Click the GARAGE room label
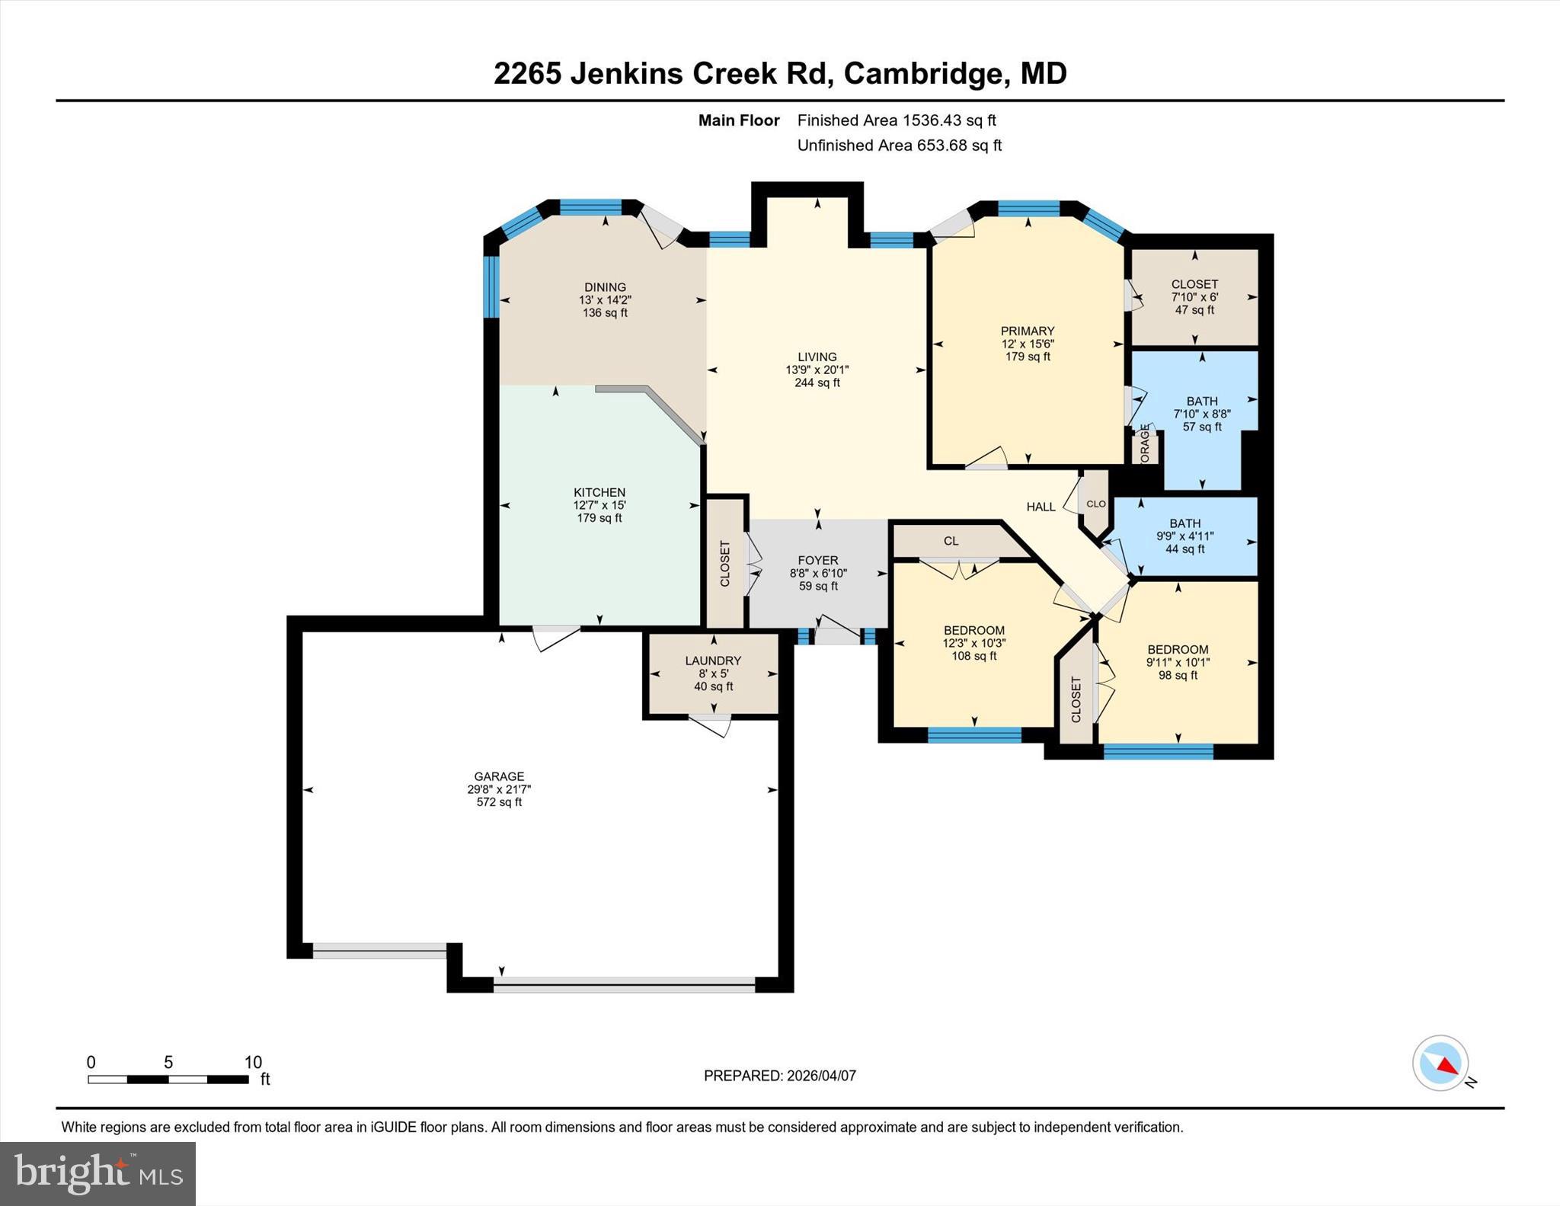click(x=499, y=776)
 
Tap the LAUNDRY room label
click(x=713, y=661)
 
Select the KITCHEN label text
click(x=599, y=492)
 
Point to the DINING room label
click(x=605, y=287)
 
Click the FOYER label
click(x=818, y=560)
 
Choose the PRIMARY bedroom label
click(x=1028, y=331)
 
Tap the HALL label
click(x=1041, y=507)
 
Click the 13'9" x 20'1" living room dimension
click(x=817, y=369)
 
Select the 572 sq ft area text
click(x=499, y=802)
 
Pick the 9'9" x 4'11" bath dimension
click(x=1185, y=536)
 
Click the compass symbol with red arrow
click(x=1440, y=1064)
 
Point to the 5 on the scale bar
click(x=168, y=1062)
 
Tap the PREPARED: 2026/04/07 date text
click(x=779, y=1076)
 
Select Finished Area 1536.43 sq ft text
click(x=897, y=120)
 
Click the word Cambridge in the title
click(x=923, y=73)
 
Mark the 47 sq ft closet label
click(x=1194, y=310)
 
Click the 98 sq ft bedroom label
click(x=1178, y=675)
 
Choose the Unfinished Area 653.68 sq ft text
click(x=899, y=146)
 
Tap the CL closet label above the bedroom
click(x=951, y=541)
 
